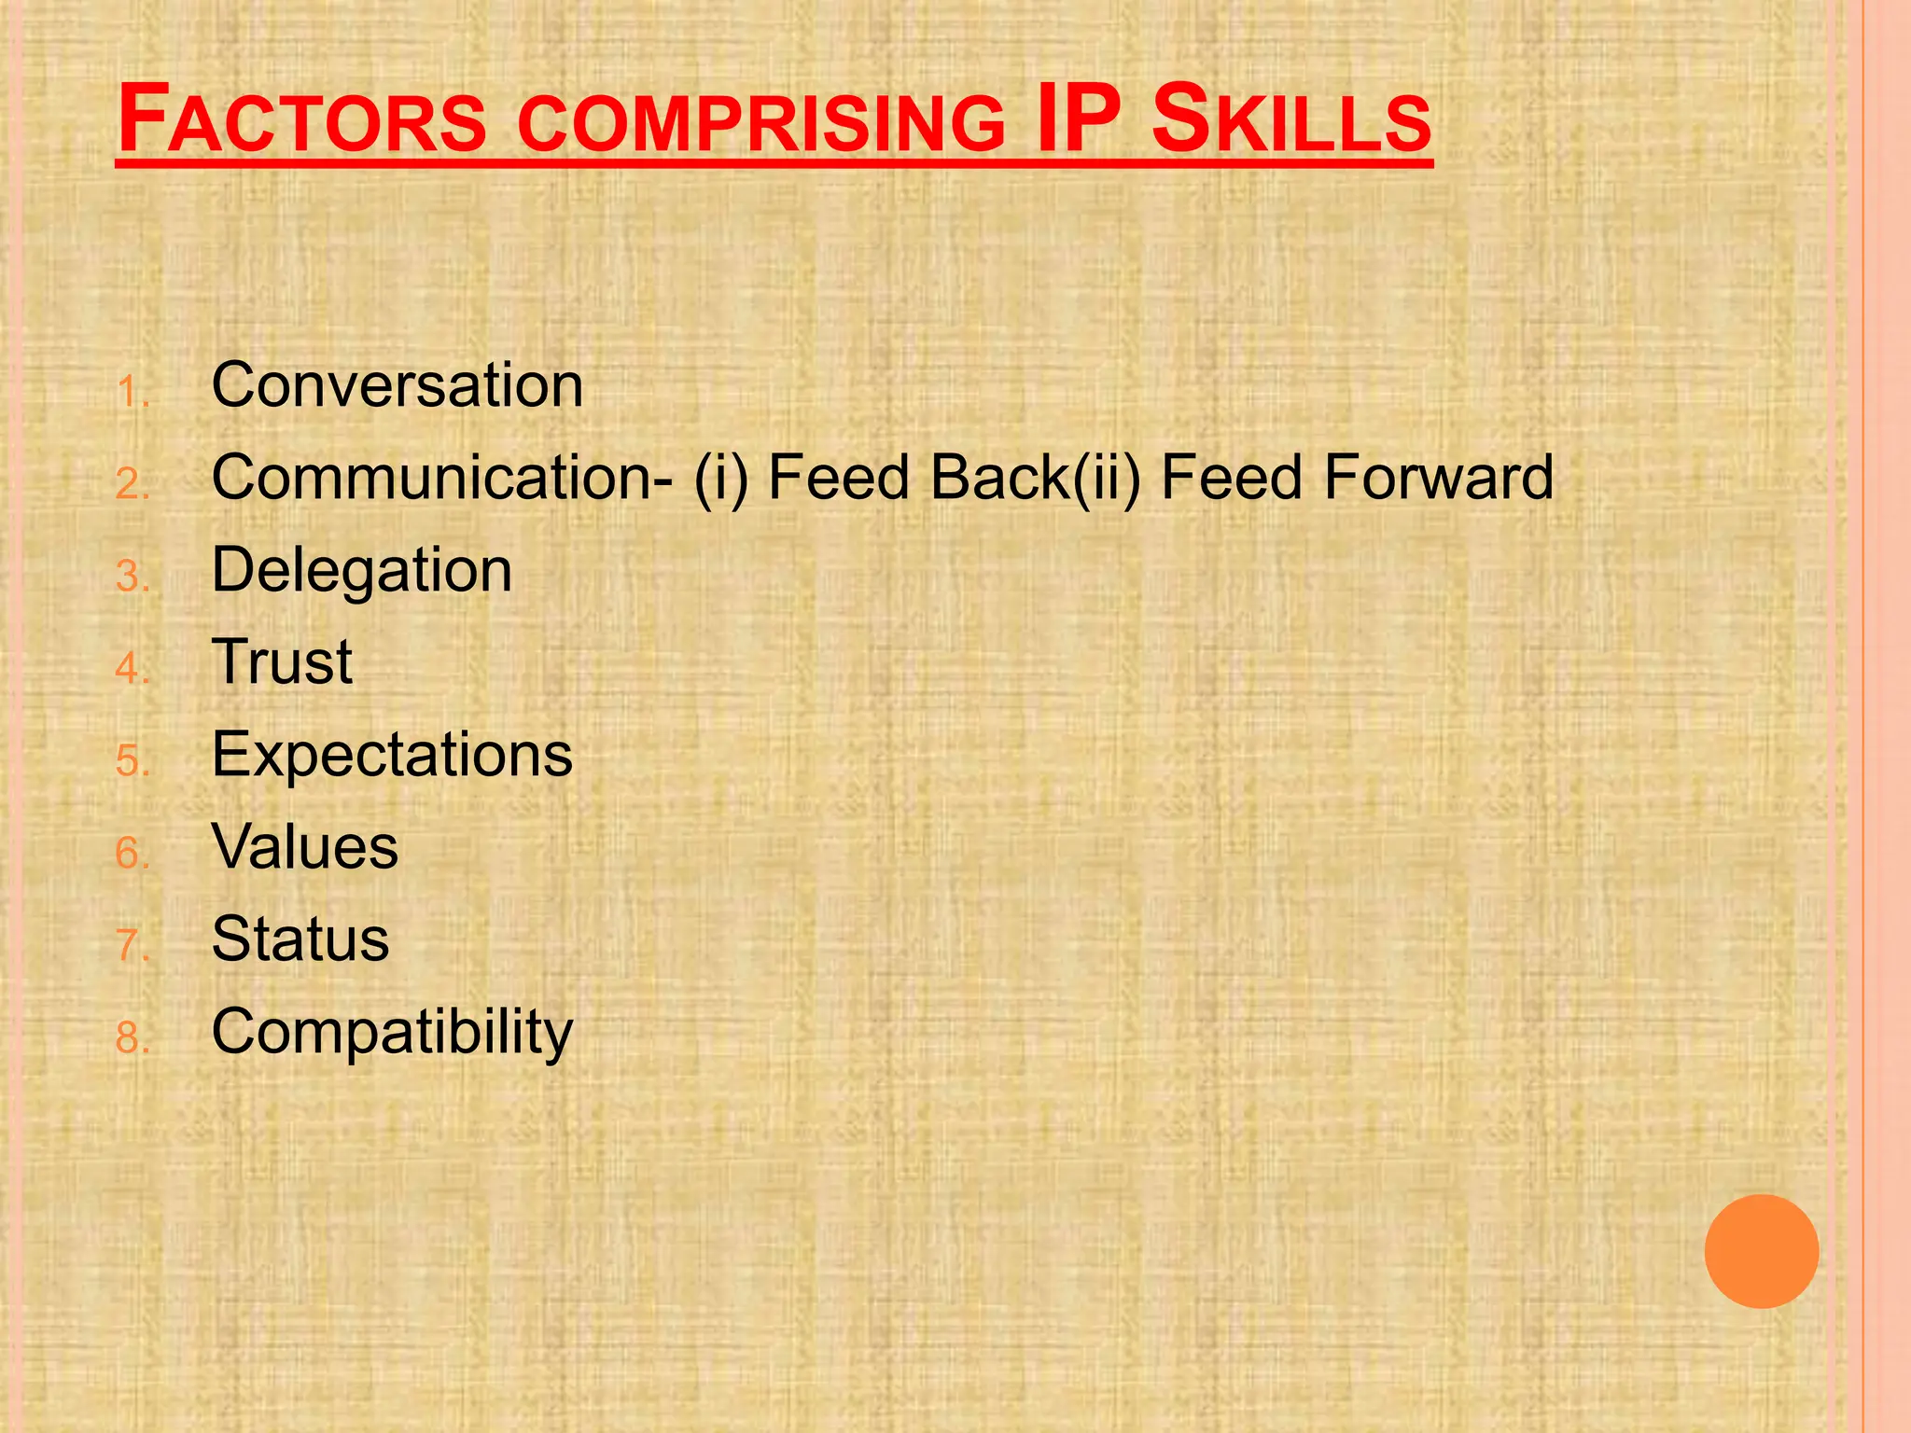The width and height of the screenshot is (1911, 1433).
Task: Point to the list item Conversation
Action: (398, 384)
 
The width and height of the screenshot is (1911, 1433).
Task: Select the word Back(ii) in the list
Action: (1036, 477)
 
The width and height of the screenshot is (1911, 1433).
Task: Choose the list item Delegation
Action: (362, 570)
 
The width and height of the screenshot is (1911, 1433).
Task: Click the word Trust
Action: (282, 661)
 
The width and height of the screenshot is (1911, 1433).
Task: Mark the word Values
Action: (305, 846)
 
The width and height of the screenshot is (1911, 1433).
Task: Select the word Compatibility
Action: (392, 1032)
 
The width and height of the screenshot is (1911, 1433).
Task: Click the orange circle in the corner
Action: (1761, 1251)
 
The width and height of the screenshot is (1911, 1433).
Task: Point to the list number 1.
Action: (133, 392)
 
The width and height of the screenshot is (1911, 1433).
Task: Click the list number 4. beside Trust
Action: (133, 669)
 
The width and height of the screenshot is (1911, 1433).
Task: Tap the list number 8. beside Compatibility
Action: (133, 1038)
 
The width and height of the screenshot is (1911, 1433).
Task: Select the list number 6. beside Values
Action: (133, 854)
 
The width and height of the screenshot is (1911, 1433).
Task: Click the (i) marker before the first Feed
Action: (720, 477)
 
